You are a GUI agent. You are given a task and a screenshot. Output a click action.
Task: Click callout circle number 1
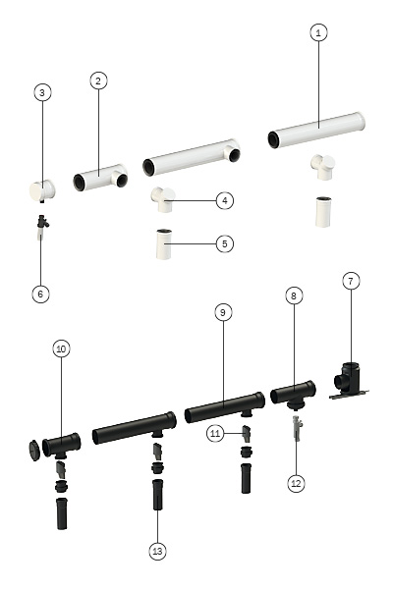318,32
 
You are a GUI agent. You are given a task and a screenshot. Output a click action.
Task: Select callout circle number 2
98,80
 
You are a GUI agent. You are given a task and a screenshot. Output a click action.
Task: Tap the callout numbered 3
42,92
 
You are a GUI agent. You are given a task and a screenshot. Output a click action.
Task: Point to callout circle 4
225,200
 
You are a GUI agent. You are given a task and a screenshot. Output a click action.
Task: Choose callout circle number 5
225,243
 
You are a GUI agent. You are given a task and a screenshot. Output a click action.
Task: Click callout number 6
40,294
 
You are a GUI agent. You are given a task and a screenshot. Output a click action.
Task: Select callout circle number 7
351,281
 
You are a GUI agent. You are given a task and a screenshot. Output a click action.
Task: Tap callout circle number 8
294,296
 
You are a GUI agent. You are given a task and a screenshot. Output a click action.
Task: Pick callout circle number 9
223,312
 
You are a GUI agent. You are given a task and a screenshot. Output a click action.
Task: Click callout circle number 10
61,348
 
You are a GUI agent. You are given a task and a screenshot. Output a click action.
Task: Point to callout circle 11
215,434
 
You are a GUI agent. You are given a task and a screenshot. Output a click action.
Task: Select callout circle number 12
296,483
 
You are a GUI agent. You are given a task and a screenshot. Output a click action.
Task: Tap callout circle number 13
157,552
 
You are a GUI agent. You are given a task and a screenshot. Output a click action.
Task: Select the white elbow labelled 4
163,200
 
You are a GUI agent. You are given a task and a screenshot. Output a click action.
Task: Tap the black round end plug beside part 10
34,450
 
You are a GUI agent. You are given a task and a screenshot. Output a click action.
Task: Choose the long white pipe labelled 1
316,130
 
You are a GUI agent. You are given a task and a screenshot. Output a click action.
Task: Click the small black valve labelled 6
42,227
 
